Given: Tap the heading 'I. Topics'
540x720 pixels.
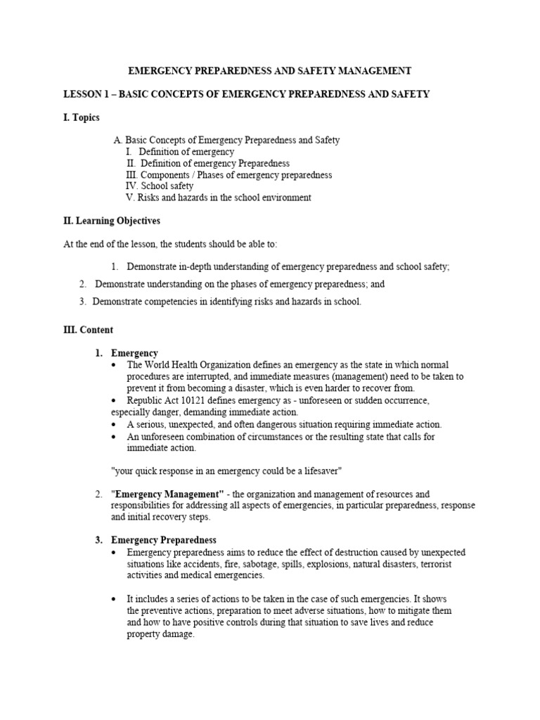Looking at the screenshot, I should click(x=82, y=117).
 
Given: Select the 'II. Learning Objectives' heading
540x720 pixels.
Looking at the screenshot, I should click(x=112, y=221).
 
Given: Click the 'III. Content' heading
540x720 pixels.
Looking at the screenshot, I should click(x=88, y=330).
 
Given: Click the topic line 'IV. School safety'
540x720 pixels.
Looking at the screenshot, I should click(x=159, y=186).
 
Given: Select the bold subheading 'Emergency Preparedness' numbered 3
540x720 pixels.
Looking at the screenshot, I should click(x=164, y=540).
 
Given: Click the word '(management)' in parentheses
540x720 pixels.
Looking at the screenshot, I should click(x=378, y=376).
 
